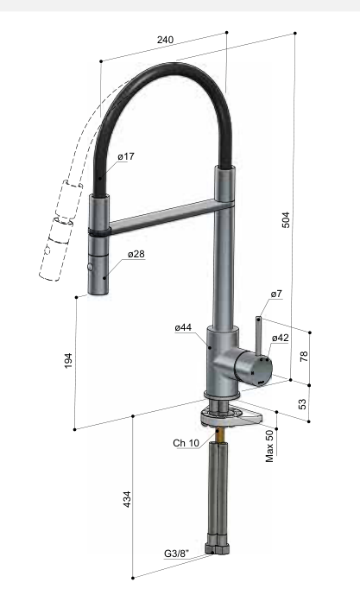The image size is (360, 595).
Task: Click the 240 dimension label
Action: pyautogui.click(x=166, y=40)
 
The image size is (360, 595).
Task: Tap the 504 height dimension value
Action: pyautogui.click(x=286, y=219)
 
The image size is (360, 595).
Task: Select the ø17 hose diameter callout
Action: pyautogui.click(x=126, y=156)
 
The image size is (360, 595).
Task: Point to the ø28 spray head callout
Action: pyautogui.click(x=136, y=254)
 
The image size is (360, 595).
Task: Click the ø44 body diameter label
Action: pyautogui.click(x=183, y=327)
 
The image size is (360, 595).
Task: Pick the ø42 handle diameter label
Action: pyautogui.click(x=281, y=338)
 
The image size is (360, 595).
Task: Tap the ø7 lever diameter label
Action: pyautogui.click(x=276, y=294)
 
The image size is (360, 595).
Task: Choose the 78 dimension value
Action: pyautogui.click(x=304, y=357)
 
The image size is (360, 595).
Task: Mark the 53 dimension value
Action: pyautogui.click(x=302, y=404)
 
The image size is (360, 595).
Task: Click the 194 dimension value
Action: pyautogui.click(x=68, y=360)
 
